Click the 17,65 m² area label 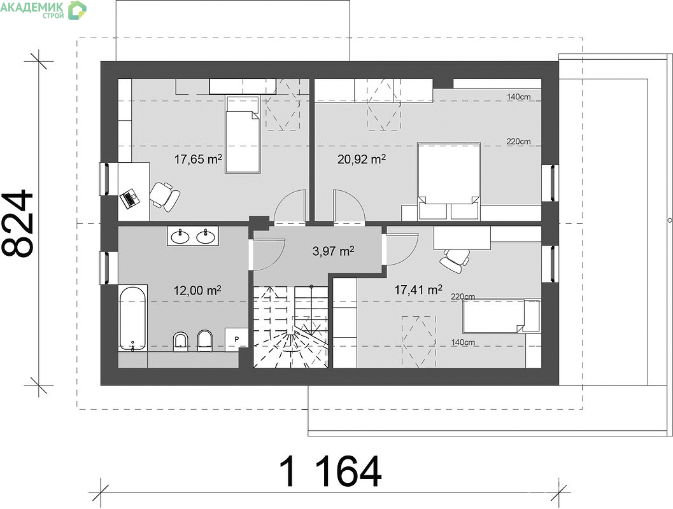(198, 160)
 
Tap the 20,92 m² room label (362, 160)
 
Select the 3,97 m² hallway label (333, 251)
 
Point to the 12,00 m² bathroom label (197, 291)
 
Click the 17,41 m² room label (418, 290)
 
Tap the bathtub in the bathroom (132, 318)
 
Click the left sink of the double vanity (180, 236)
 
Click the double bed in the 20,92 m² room (448, 181)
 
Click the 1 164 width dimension (330, 471)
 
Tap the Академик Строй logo (43, 10)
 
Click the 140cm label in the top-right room (518, 97)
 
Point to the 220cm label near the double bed (518, 141)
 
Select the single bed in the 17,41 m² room (501, 316)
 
